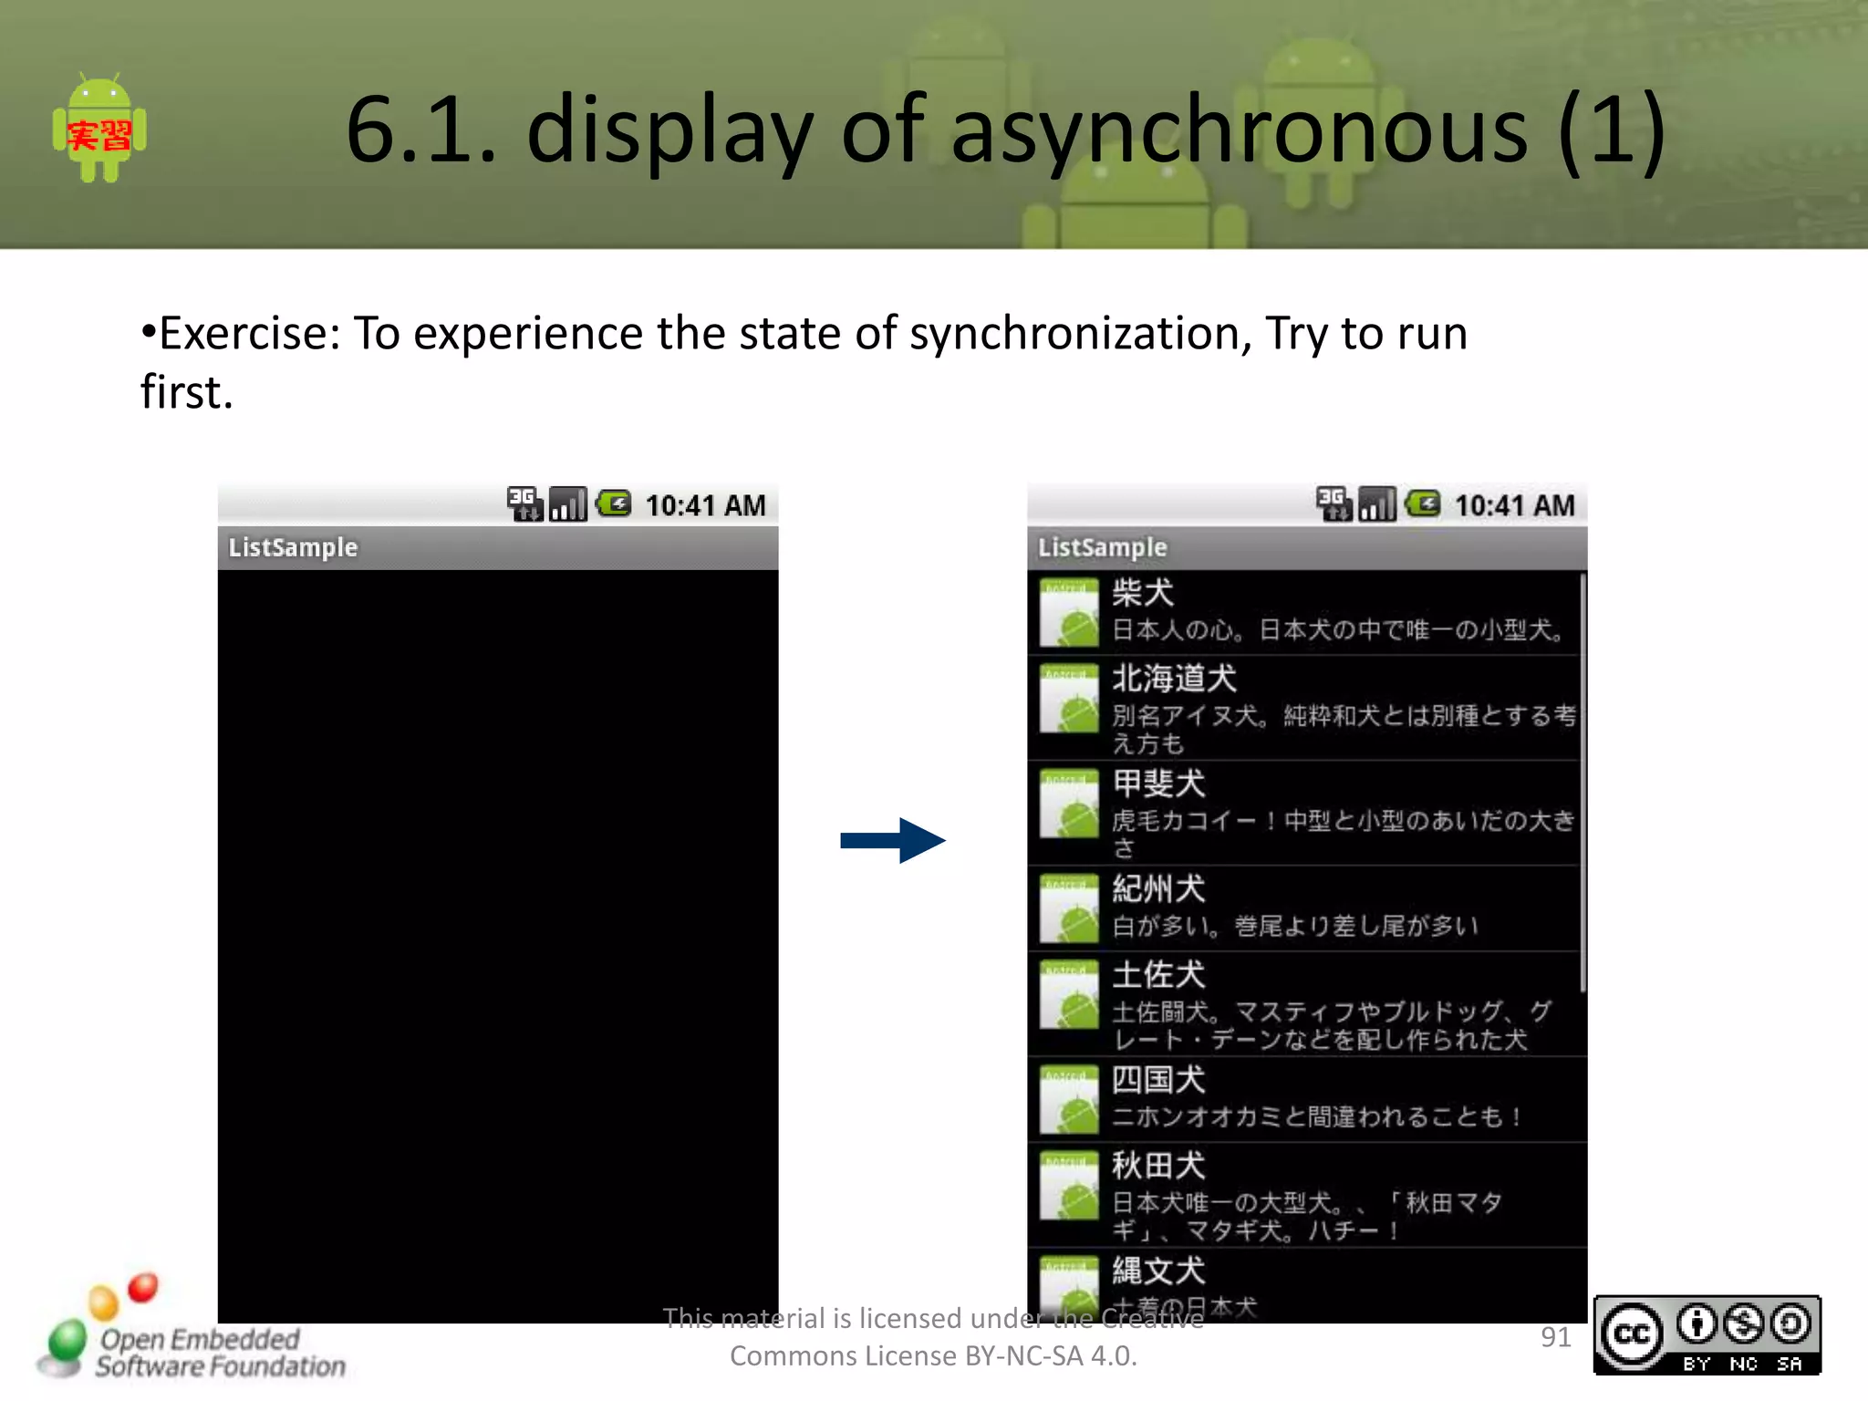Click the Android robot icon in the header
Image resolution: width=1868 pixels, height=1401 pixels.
tap(99, 129)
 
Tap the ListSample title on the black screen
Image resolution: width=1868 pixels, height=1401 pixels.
tap(293, 547)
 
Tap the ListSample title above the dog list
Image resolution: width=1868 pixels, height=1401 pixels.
tap(1102, 547)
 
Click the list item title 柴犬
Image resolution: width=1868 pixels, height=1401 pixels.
tap(1143, 593)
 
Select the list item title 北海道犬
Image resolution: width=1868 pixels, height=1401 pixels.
tap(1174, 679)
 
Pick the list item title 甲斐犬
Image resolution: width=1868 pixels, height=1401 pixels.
tap(1158, 784)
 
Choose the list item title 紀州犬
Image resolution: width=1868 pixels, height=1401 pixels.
tap(1158, 888)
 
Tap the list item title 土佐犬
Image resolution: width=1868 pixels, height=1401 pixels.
tap(1158, 975)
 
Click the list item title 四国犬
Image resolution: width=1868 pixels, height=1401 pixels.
tap(1158, 1080)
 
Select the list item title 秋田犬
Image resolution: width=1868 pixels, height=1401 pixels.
tap(1158, 1166)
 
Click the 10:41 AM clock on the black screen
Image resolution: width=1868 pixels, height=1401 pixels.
tap(705, 505)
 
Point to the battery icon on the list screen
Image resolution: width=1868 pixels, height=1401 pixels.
tap(1423, 503)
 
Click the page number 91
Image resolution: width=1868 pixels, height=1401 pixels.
tap(1555, 1337)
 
